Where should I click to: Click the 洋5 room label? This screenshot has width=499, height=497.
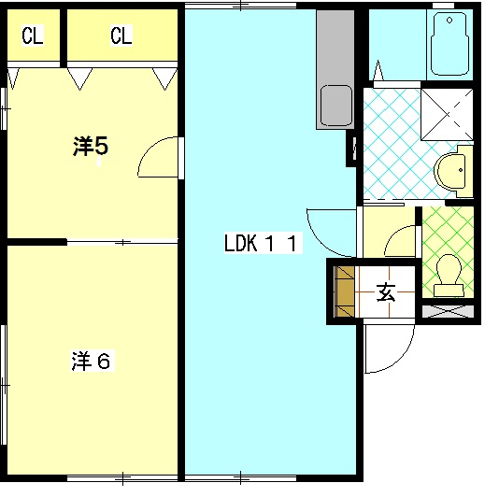pos(91,146)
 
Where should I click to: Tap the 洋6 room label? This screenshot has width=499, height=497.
pos(92,361)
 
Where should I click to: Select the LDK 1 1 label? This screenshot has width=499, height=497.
pos(261,243)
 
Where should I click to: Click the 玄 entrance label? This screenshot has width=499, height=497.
pos(386,292)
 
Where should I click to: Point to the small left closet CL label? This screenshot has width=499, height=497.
pos(32,35)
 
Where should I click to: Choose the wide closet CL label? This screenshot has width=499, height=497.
pos(121,35)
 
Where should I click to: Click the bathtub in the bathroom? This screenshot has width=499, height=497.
pos(449,44)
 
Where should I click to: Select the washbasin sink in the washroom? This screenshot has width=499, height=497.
pos(450,172)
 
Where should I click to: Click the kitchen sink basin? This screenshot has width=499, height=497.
pos(336,106)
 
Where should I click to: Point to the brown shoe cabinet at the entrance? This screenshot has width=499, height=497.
pos(345,291)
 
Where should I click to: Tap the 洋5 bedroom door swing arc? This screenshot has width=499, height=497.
pos(150,149)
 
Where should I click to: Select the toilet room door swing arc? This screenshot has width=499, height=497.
pos(394,234)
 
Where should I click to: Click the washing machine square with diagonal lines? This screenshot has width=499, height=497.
pos(447,115)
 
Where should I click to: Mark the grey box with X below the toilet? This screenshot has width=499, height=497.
pos(449,311)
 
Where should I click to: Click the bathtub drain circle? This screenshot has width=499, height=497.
pos(449,21)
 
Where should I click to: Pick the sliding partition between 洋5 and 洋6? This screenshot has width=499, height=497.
pos(122,243)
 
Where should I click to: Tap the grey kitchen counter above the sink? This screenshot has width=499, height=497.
pos(335,47)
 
